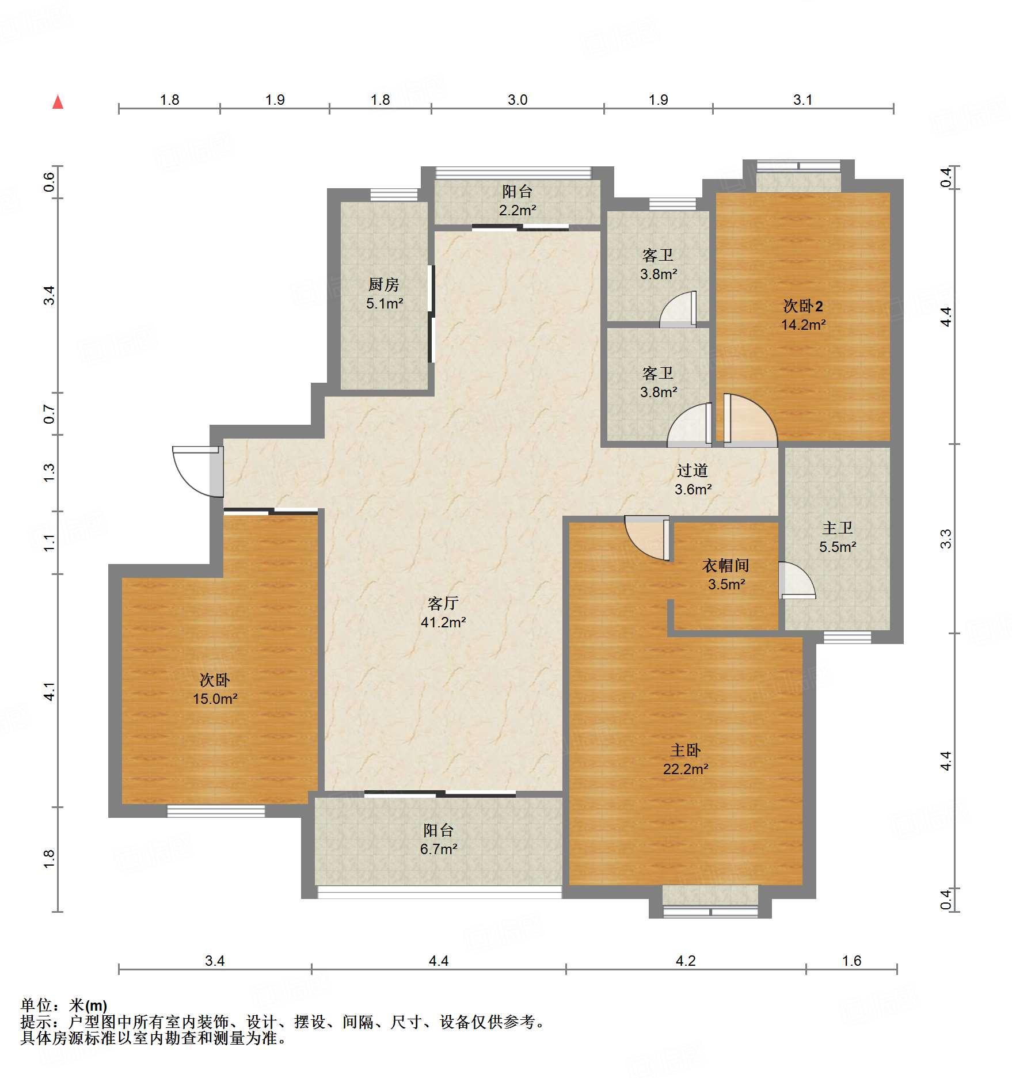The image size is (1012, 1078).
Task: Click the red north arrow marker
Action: [x=58, y=102]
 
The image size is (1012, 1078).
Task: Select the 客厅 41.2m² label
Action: [x=443, y=612]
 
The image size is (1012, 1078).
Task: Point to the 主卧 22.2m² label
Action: [x=685, y=759]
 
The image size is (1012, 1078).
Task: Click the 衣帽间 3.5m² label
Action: [x=726, y=574]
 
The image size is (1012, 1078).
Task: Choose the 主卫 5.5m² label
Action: [x=838, y=537]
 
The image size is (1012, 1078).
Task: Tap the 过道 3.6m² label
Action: [x=693, y=479]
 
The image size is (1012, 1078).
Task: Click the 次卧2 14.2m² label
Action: [x=803, y=315]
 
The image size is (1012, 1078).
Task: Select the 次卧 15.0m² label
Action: [x=215, y=689]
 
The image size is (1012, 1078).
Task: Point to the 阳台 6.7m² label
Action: [x=438, y=839]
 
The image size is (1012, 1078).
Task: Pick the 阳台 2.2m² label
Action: [x=517, y=200]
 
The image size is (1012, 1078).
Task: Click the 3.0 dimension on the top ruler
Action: [x=518, y=100]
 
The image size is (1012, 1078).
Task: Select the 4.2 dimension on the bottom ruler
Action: [x=686, y=961]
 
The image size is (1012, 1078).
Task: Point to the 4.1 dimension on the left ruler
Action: [x=50, y=691]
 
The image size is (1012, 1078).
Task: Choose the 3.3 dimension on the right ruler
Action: [x=945, y=539]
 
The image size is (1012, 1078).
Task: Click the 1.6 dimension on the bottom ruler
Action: [x=851, y=961]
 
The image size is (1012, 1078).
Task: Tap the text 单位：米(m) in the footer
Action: [x=64, y=1005]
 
